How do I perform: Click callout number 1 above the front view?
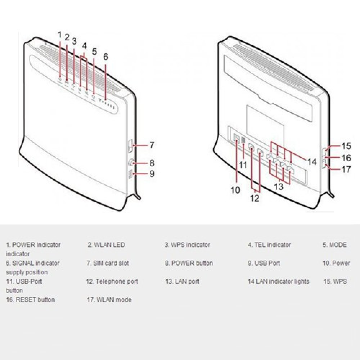tap(60, 35)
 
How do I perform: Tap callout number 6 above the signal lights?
tap(105, 57)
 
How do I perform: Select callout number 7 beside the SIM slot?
tap(152, 145)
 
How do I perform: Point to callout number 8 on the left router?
tap(152, 163)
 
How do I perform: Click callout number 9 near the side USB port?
tap(152, 174)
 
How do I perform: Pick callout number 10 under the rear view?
tap(235, 190)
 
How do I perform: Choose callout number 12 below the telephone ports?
tap(255, 198)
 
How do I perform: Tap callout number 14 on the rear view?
tap(312, 162)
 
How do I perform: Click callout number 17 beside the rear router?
tap(346, 170)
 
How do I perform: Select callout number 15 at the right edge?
tap(346, 146)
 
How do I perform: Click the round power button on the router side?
tap(131, 163)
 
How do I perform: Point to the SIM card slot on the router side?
tap(130, 146)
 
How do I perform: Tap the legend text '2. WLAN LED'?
tap(106, 245)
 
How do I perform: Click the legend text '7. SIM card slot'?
tap(108, 263)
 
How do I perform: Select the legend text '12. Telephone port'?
tap(112, 282)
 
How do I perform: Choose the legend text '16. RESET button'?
tap(30, 300)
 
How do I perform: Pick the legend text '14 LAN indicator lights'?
tap(279, 282)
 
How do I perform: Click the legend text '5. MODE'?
tap(335, 245)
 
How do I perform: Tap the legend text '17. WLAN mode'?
tap(109, 300)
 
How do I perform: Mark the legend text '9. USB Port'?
tap(264, 263)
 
